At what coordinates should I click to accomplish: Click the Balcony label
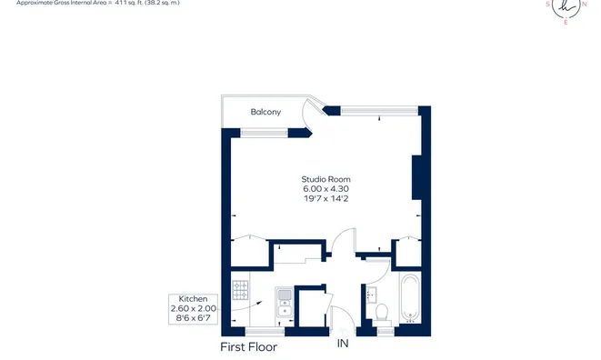point(265,112)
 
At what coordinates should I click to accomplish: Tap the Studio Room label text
point(326,179)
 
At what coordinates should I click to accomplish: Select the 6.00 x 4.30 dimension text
point(326,188)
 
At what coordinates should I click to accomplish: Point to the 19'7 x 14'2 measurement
point(326,198)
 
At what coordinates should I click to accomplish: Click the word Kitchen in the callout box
point(193,299)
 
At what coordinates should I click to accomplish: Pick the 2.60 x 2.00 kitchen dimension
point(193,308)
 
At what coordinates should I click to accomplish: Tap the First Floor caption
point(248,347)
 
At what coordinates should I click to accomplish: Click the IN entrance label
point(343,344)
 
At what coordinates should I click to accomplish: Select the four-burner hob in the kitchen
point(240,290)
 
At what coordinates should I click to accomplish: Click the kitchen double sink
point(285,303)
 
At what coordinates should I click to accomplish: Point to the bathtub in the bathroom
point(410,298)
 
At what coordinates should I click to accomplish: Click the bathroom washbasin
point(371,295)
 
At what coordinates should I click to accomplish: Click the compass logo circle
point(566,8)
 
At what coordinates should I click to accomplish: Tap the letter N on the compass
point(584,5)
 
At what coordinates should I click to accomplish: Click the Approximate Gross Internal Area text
point(97,3)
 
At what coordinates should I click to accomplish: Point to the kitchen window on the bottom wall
point(265,332)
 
